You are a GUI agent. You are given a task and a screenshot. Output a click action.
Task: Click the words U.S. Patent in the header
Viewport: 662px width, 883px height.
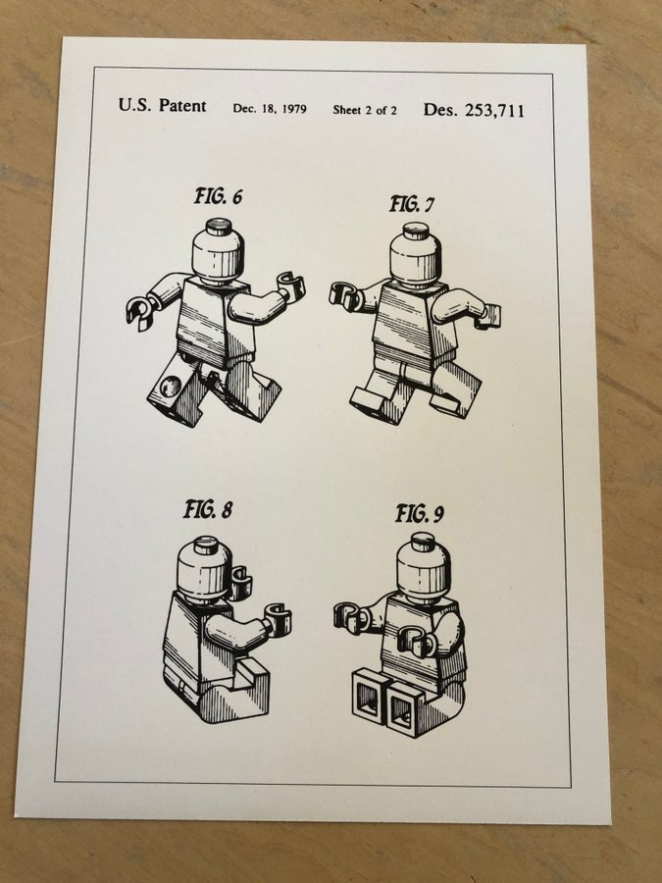(162, 105)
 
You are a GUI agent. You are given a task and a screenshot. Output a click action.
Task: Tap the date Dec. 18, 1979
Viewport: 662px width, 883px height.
(270, 109)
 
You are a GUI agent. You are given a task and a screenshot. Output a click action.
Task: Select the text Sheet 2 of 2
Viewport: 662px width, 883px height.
(364, 110)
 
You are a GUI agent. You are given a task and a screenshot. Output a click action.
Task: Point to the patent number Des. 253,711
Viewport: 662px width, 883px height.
(474, 110)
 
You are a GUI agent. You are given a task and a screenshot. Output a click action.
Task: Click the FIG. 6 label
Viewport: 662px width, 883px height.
(219, 196)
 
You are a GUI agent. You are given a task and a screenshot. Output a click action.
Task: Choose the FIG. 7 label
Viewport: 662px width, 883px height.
(412, 204)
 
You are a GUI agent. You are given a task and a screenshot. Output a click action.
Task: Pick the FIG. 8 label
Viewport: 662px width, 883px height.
(208, 509)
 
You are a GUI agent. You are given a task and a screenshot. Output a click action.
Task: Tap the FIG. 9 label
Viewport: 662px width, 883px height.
(420, 513)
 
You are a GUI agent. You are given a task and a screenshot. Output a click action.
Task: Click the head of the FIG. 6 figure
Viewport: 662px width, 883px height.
(219, 252)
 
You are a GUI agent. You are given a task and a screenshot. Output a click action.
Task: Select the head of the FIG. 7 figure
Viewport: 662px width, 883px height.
(416, 255)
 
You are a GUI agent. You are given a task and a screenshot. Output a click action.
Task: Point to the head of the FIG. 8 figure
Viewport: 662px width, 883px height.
(204, 569)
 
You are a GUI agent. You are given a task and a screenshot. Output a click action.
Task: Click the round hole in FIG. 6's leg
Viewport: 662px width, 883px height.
(170, 387)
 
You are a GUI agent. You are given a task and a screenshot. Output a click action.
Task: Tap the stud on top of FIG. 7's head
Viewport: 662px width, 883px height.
(417, 231)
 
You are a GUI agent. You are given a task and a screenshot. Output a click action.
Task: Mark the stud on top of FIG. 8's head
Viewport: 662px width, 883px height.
(206, 545)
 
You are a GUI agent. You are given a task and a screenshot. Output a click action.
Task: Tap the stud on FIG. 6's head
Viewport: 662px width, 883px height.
(219, 227)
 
